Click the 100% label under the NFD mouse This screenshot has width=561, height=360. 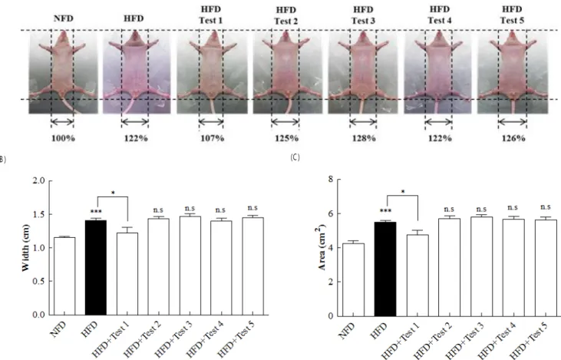click(64, 138)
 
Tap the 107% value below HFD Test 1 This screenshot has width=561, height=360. click(212, 138)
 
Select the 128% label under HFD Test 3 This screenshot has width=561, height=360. click(364, 138)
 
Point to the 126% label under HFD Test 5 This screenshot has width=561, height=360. click(513, 138)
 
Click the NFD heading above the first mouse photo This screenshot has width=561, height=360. click(64, 18)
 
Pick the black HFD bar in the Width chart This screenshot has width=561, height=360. click(95, 267)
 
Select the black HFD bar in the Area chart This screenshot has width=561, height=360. click(385, 269)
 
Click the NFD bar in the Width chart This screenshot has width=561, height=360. click(64, 276)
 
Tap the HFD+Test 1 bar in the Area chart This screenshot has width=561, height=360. click(417, 276)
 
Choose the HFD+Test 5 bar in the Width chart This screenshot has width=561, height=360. click(253, 266)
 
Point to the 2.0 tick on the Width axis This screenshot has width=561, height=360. click(38, 180)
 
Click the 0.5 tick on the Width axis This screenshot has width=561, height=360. click(38, 281)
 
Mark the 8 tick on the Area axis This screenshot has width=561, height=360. click(331, 179)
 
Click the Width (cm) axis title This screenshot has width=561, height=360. click(25, 248)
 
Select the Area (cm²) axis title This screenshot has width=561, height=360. click(322, 247)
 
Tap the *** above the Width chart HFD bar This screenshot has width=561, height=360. click(96, 212)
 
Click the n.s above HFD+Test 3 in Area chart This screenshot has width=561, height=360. click(481, 209)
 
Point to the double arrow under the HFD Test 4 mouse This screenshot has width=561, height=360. click(438, 122)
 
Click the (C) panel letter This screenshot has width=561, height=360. click(295, 157)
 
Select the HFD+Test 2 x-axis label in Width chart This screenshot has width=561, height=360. click(142, 339)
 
